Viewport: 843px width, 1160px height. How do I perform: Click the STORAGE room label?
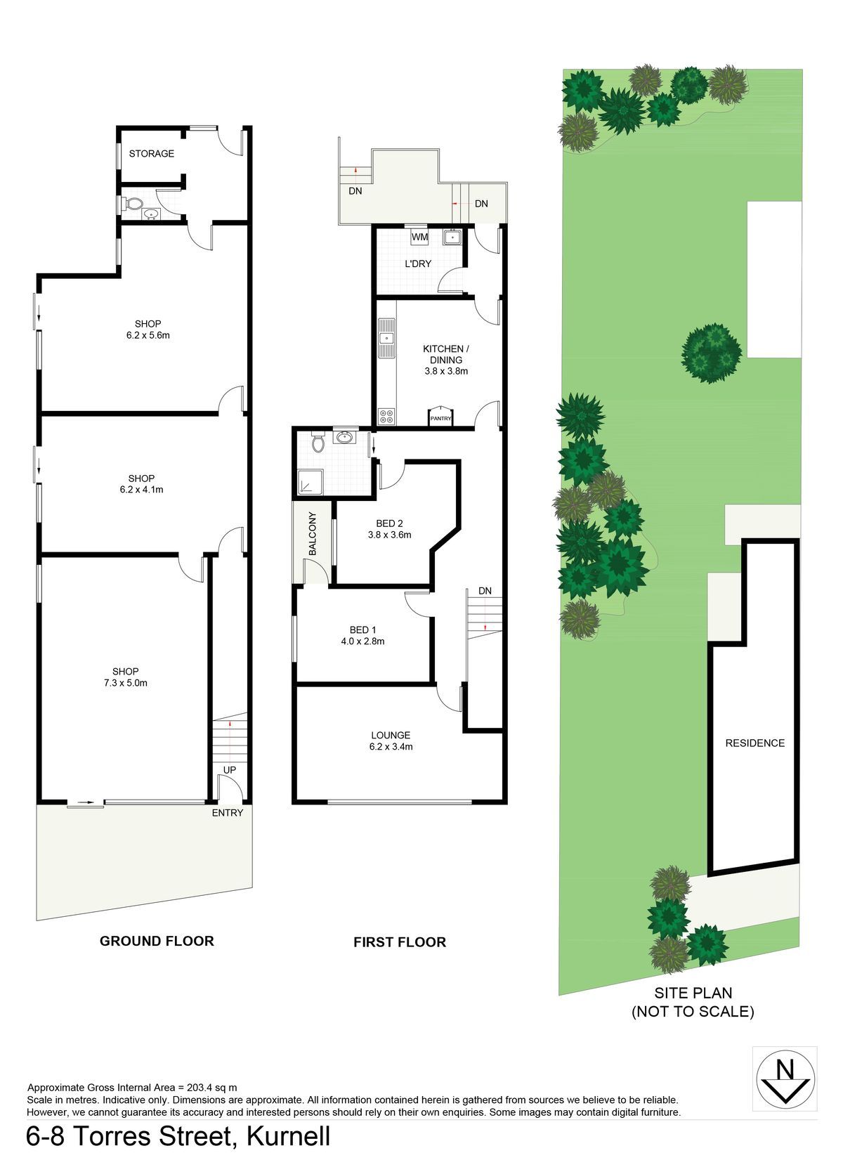pyautogui.click(x=151, y=153)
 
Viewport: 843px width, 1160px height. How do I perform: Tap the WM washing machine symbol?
pyautogui.click(x=419, y=237)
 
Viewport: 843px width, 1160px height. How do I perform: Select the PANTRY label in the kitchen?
pyautogui.click(x=440, y=418)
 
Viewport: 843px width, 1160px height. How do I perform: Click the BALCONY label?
pyautogui.click(x=312, y=533)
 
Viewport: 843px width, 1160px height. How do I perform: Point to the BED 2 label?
pyautogui.click(x=389, y=523)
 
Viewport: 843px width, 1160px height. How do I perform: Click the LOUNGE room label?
pyautogui.click(x=391, y=735)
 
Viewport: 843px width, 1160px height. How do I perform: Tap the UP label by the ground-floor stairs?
pyautogui.click(x=230, y=770)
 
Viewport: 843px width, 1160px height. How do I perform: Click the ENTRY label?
pyautogui.click(x=228, y=812)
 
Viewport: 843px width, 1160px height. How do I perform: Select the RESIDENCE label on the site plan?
pyautogui.click(x=755, y=743)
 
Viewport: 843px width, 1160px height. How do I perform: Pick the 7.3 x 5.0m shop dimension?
pyautogui.click(x=125, y=682)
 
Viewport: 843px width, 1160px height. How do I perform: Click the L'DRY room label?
pyautogui.click(x=418, y=263)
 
